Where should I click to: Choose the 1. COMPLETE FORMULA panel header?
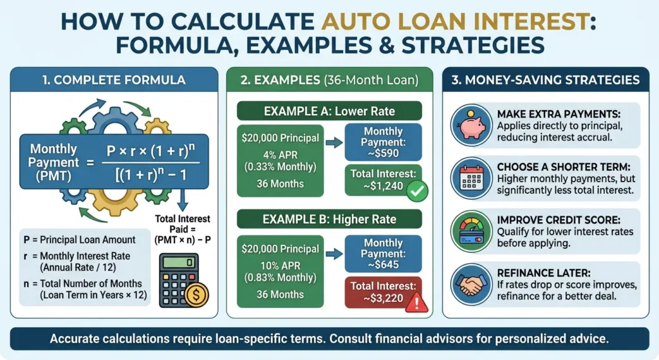pos(113,81)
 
